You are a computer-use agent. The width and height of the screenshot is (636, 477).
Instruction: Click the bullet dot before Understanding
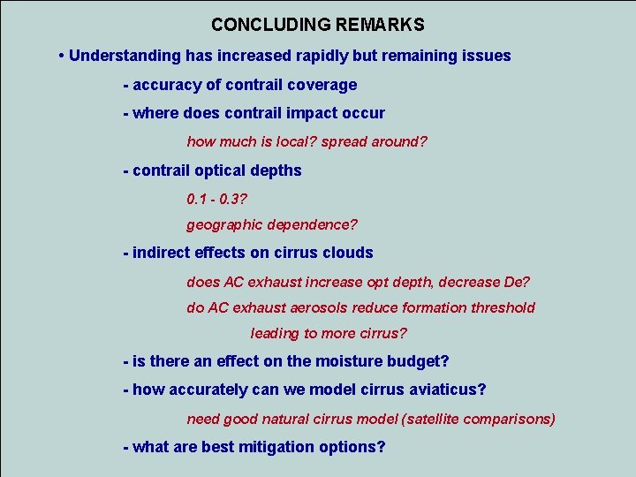(60, 56)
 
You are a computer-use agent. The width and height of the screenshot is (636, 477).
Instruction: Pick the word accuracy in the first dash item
(163, 85)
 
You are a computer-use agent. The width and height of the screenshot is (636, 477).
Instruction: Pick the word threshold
(503, 307)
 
